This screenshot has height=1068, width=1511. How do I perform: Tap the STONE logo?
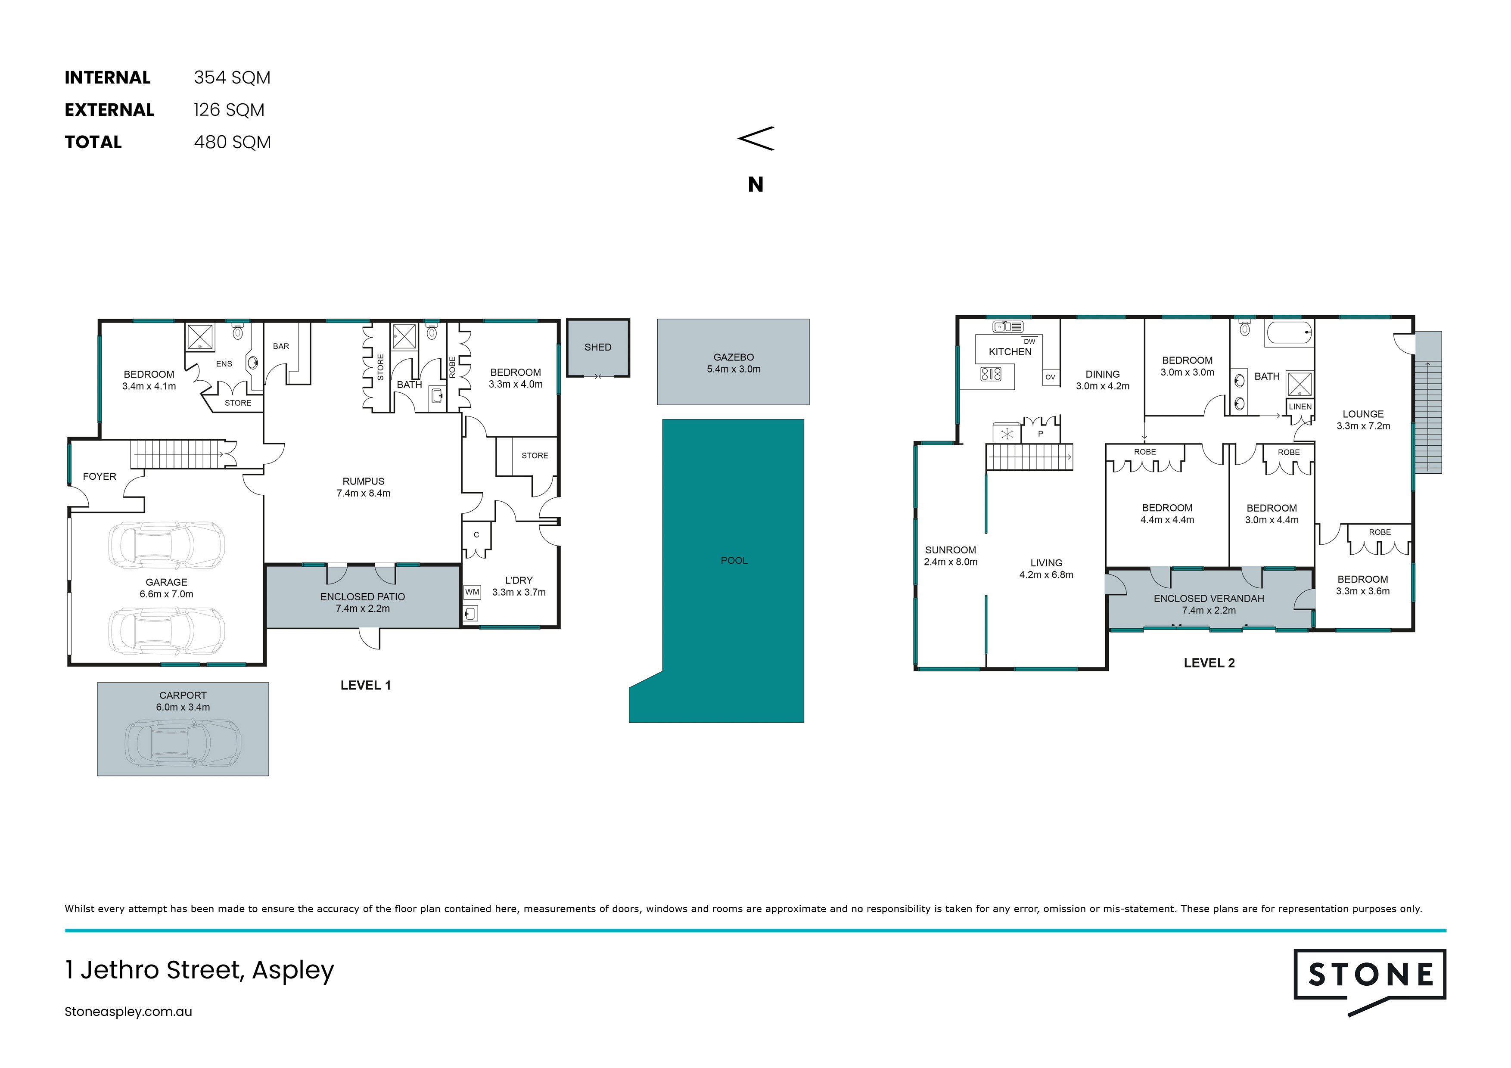coord(1370,981)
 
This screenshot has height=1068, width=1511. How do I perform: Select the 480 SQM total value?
coord(232,142)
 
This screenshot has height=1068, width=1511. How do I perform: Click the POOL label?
coord(734,561)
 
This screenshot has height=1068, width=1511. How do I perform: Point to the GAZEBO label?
coord(734,357)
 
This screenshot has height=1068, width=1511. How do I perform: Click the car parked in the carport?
coord(183,743)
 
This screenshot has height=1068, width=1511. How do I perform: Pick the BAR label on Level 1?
coord(281,346)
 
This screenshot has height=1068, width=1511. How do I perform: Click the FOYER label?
coord(99,476)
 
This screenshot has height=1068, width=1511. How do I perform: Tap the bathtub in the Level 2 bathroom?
coord(1289,333)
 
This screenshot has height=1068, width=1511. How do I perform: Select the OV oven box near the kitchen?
coord(1050,377)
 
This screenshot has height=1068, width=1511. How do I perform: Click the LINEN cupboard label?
coord(1300,407)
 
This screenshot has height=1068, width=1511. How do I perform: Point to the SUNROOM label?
coord(950,550)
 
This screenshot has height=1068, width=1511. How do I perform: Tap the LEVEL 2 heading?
coord(1209,663)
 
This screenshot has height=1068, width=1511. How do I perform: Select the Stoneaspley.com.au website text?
coord(128,1012)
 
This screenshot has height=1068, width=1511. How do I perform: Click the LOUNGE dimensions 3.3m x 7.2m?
coord(1363,426)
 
